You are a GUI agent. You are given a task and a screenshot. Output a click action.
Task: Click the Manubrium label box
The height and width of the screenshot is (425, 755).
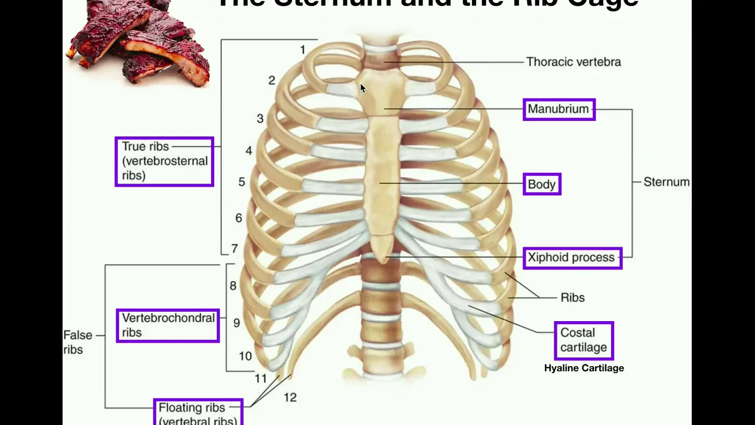pyautogui.click(x=559, y=109)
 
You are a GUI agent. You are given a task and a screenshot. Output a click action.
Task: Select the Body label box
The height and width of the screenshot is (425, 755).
pyautogui.click(x=541, y=184)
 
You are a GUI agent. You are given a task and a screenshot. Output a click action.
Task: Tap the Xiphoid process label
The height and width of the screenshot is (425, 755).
pyautogui.click(x=572, y=257)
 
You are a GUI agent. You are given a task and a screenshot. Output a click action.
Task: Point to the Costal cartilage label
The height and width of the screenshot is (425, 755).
pyautogui.click(x=583, y=340)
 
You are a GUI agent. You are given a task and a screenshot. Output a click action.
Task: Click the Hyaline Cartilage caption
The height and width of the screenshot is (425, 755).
pyautogui.click(x=583, y=368)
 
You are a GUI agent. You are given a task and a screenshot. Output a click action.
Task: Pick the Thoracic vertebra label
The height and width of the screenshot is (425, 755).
pyautogui.click(x=573, y=62)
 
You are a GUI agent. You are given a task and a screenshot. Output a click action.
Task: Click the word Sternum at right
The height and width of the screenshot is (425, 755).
pyautogui.click(x=666, y=182)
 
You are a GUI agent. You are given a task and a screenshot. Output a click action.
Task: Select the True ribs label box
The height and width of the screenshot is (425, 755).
pyautogui.click(x=164, y=161)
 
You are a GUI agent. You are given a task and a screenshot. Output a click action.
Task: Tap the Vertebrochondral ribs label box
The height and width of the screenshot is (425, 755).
pyautogui.click(x=168, y=325)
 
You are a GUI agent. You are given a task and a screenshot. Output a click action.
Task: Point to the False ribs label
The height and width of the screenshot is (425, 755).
pyautogui.click(x=77, y=342)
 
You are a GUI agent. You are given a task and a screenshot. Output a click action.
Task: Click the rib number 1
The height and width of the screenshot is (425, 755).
pyautogui.click(x=303, y=50)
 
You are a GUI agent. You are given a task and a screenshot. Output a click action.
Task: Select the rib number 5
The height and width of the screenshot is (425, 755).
pyautogui.click(x=242, y=182)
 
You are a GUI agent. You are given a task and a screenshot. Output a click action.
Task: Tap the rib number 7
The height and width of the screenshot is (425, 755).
pyautogui.click(x=234, y=249)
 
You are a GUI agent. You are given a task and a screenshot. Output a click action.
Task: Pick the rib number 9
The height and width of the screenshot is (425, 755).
pyautogui.click(x=237, y=323)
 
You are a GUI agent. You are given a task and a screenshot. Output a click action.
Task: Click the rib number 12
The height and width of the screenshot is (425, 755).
pyautogui.click(x=290, y=397)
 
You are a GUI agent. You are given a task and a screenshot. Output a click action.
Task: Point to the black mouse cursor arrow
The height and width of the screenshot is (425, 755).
pyautogui.click(x=363, y=89)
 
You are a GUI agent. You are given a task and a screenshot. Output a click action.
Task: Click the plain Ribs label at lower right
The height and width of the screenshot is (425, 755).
pyautogui.click(x=572, y=297)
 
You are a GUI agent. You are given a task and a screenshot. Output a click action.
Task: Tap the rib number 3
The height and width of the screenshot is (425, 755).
pyautogui.click(x=260, y=119)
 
